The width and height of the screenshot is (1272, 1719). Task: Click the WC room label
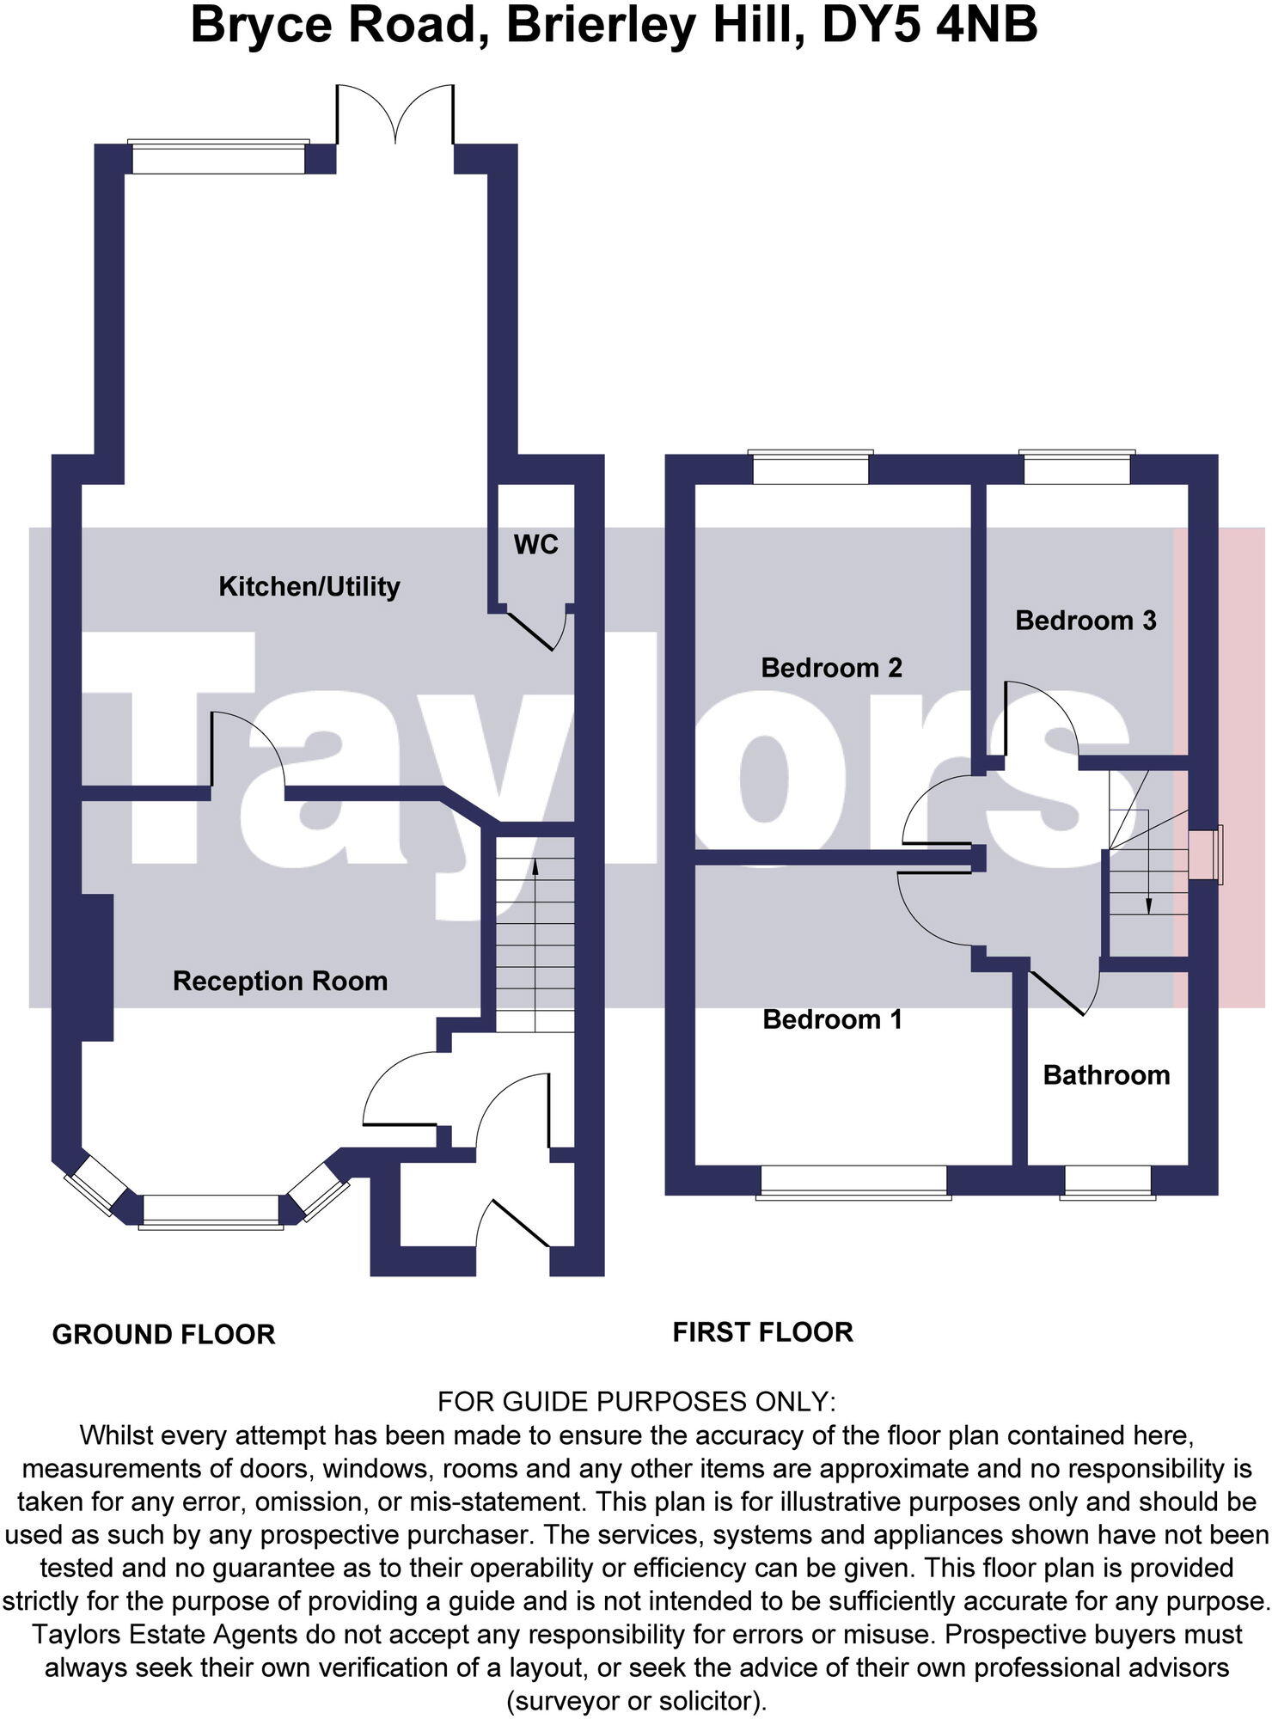coord(535,545)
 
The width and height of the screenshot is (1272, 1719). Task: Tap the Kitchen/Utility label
coord(309,587)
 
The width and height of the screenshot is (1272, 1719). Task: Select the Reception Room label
coord(280,982)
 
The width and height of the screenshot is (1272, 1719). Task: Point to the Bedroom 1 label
coord(833,1019)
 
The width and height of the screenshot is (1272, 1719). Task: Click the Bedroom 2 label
coord(832,668)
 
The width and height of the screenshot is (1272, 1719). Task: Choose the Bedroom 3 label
coord(1085,621)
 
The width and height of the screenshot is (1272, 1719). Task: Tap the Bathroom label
coord(1106,1075)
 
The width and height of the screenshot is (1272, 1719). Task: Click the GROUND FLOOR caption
coord(164,1335)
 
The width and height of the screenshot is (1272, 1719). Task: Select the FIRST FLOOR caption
coord(763,1332)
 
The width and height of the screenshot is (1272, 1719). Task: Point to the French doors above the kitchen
coord(394,113)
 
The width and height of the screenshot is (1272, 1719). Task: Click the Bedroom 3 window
coord(1077,468)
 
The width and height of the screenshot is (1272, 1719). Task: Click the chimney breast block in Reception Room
coord(97,968)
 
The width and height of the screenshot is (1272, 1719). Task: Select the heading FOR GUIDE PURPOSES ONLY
coord(636,1402)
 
